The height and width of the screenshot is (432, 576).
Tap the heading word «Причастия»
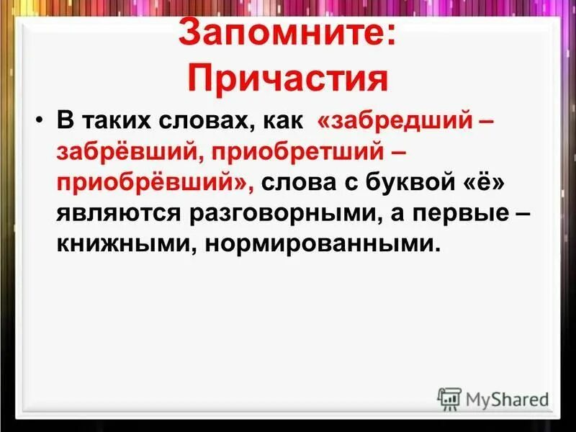[288, 78]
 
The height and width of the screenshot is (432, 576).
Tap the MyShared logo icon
[449, 398]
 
